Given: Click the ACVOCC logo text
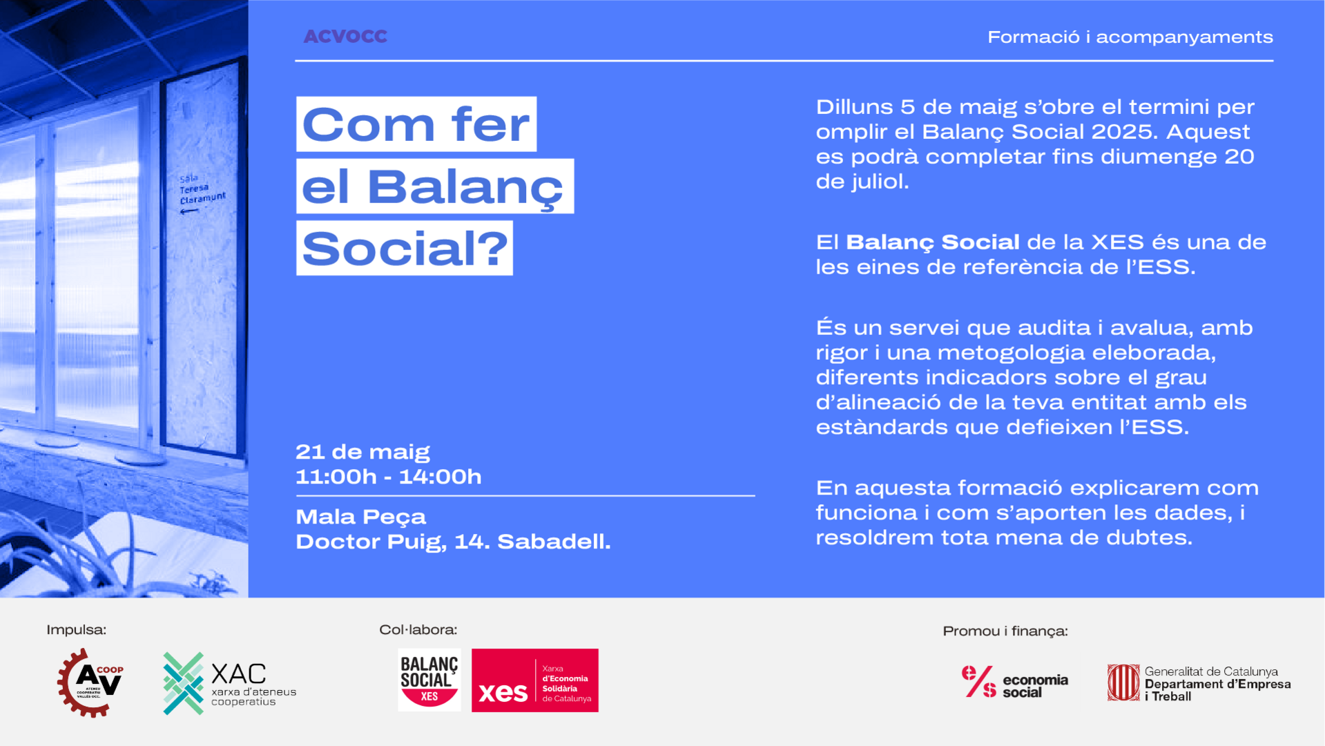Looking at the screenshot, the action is tap(345, 37).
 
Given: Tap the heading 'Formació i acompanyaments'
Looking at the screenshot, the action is tap(1130, 37).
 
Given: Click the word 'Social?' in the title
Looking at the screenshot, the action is tap(405, 249).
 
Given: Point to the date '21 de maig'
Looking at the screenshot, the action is tap(362, 452).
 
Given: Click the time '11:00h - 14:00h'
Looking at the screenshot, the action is tap(389, 477).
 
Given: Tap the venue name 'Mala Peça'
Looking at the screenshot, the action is tap(360, 517).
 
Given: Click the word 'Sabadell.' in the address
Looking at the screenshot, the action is tap(554, 542).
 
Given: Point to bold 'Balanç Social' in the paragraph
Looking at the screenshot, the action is tap(933, 242).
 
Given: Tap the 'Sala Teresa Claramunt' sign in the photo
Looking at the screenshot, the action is tap(202, 190).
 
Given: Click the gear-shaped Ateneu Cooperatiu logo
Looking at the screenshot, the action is tap(90, 682).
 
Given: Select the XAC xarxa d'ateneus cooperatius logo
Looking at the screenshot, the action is tap(229, 683).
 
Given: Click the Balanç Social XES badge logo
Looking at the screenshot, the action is tap(429, 680).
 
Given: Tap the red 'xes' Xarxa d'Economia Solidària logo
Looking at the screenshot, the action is tap(535, 680).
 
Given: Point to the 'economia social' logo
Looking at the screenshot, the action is tap(1014, 682).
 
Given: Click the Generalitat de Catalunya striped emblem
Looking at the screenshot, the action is tap(1123, 682).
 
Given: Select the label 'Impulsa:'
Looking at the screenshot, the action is tap(76, 630).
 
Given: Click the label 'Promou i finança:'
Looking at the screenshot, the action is tap(1005, 631).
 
